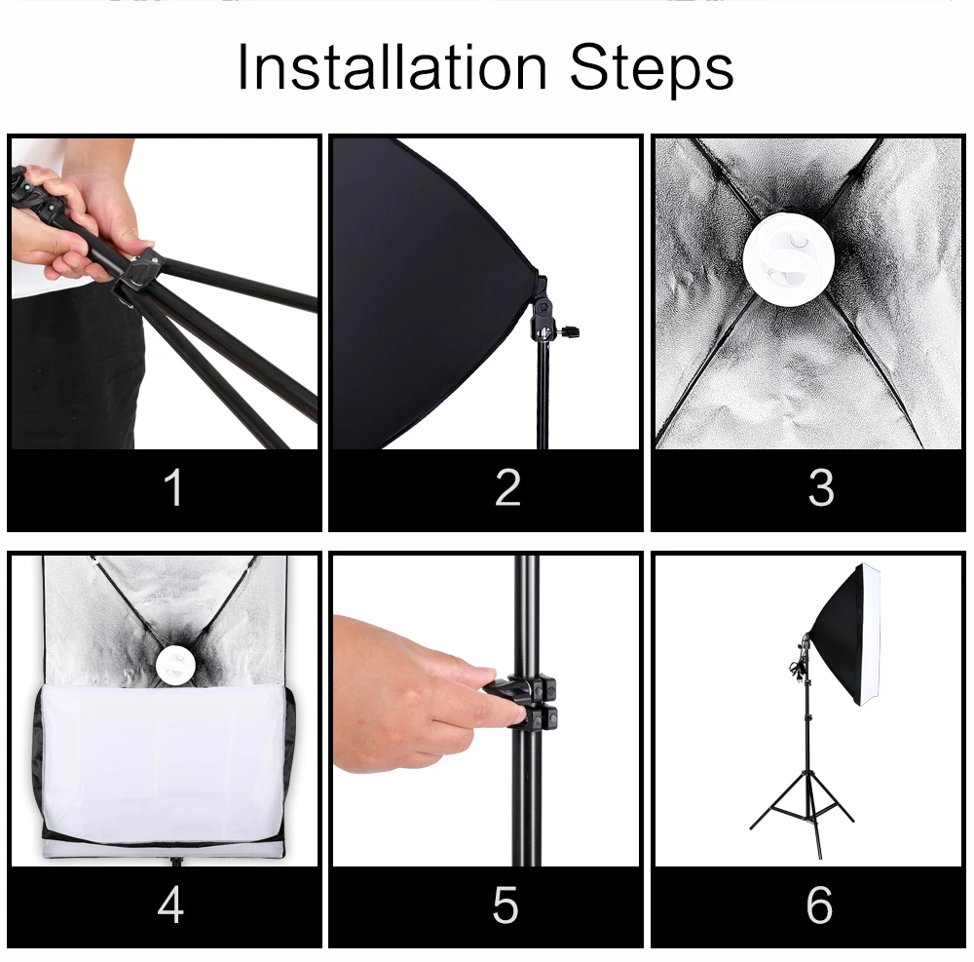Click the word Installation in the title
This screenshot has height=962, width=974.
(392, 67)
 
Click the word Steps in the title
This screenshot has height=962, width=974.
(652, 69)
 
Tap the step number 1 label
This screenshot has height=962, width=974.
(173, 487)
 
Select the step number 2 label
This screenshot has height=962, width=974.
(507, 487)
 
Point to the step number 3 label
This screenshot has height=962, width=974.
(821, 487)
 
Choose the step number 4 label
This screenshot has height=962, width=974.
(170, 904)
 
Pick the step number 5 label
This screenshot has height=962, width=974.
(506, 905)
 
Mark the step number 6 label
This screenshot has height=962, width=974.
(820, 905)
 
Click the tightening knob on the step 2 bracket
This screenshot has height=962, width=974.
(569, 330)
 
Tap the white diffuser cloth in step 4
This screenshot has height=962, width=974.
(163, 763)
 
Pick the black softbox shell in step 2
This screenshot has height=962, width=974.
(429, 292)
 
